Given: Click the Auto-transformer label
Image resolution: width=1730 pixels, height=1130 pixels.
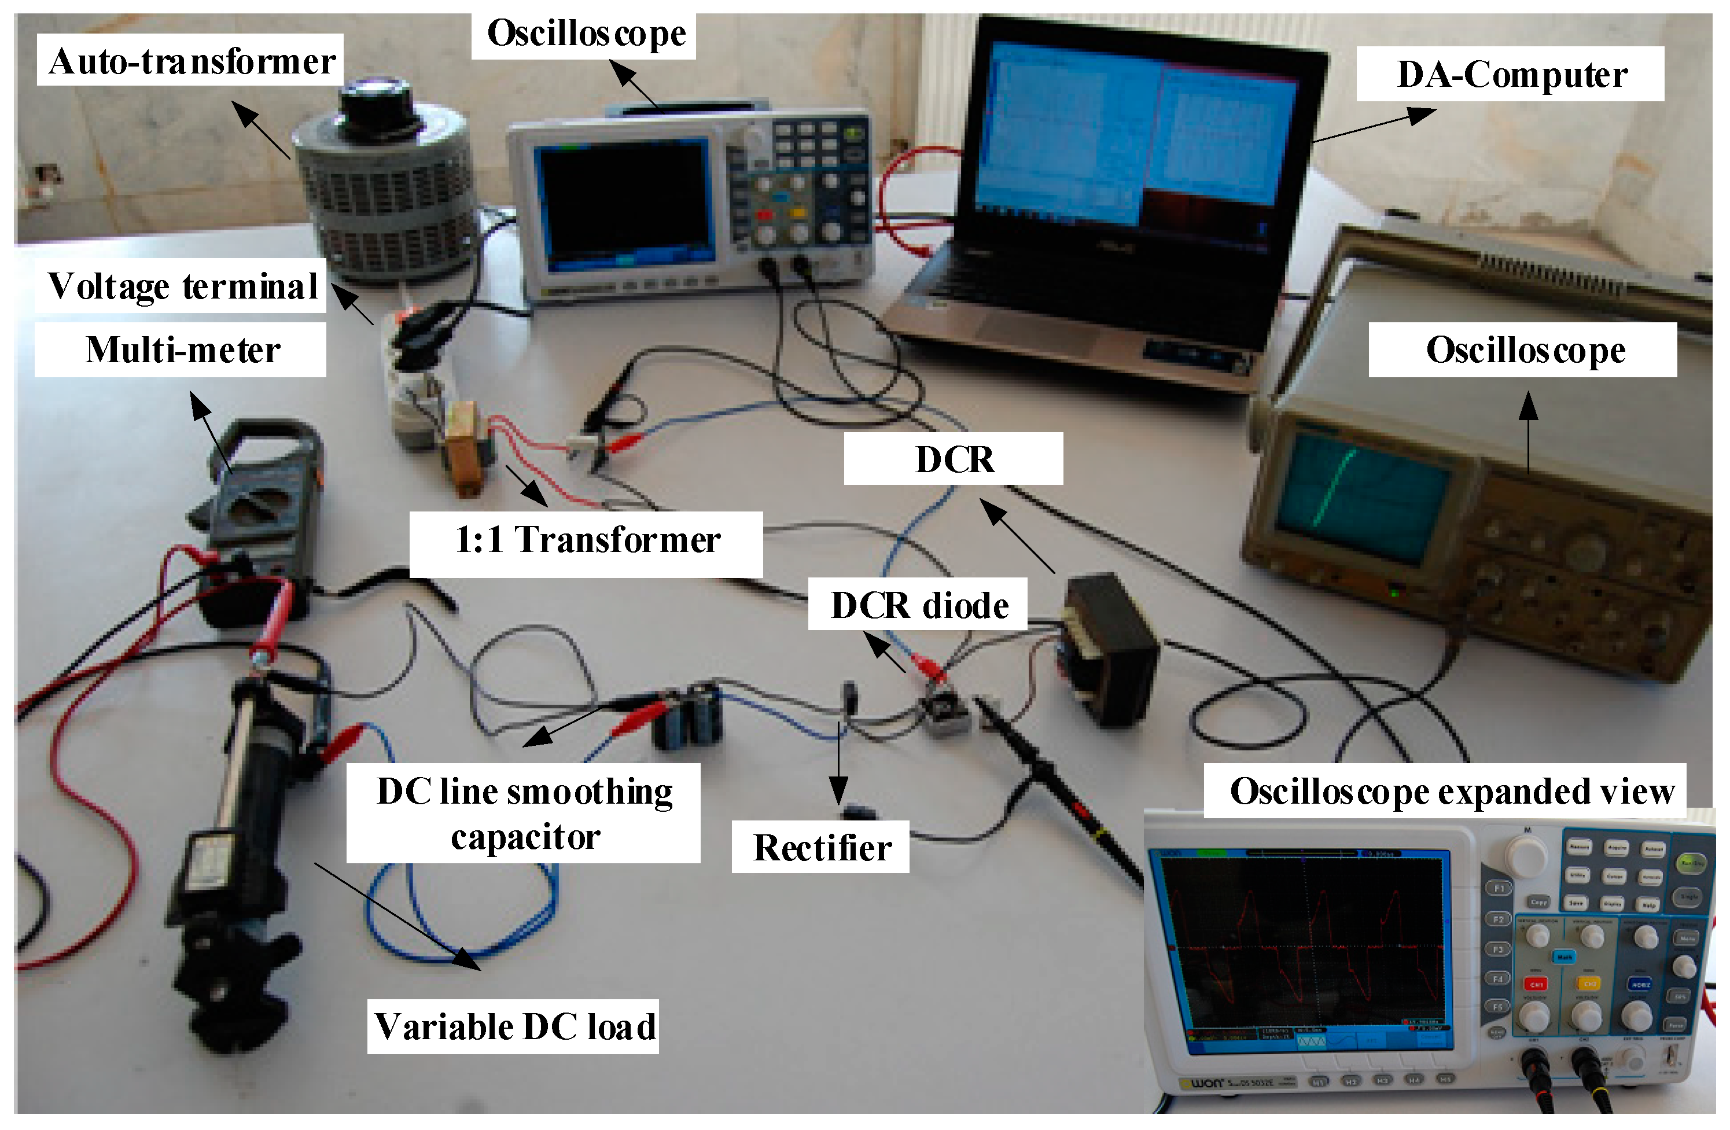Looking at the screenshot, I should point(190,61).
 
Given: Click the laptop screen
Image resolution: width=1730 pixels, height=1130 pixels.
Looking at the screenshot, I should point(1134,134).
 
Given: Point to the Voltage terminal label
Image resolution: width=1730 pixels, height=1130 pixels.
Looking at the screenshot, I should point(182,286).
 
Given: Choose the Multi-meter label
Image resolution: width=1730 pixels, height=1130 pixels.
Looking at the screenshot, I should point(182,350).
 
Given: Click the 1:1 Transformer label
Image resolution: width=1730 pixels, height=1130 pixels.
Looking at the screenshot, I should point(586,540).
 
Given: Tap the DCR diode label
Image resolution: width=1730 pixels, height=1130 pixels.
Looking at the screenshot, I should point(919,605).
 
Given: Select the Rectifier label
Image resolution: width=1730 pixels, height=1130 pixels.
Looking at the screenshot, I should point(822,847).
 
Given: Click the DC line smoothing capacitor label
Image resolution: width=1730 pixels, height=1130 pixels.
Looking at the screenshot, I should point(524,814).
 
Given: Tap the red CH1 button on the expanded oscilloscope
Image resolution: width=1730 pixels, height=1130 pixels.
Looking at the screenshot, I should point(1536,985).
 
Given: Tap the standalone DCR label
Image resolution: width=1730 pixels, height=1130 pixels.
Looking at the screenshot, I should point(953,459).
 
